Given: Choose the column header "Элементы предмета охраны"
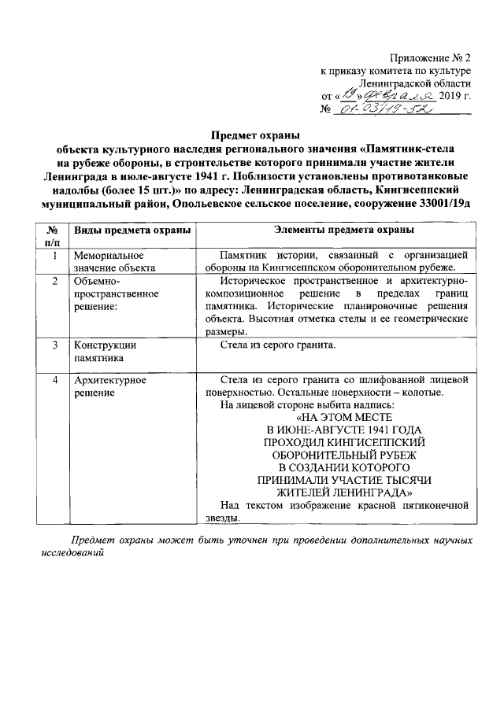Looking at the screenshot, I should pos(334,230).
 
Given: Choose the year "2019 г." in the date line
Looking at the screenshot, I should pos(454,95).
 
